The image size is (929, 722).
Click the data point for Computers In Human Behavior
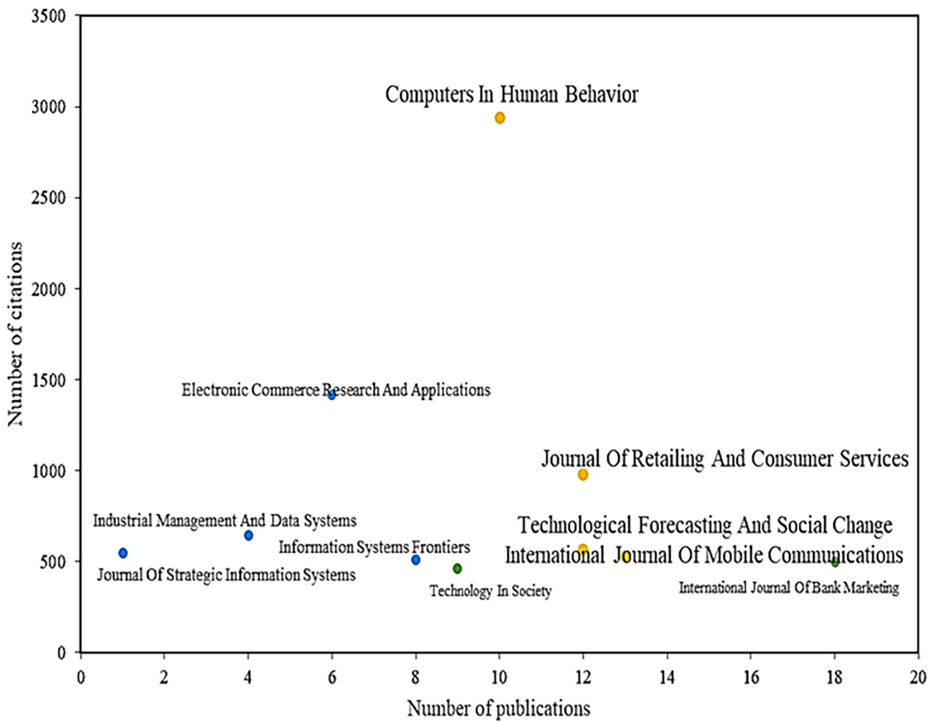click(500, 118)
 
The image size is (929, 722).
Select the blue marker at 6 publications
click(332, 395)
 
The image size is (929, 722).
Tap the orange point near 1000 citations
click(583, 474)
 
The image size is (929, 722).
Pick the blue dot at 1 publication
click(123, 553)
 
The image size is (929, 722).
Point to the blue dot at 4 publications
click(248, 535)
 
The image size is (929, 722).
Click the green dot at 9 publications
click(457, 569)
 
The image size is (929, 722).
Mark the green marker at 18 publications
click(835, 563)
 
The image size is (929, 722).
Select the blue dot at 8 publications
click(416, 560)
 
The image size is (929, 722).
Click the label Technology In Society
click(490, 591)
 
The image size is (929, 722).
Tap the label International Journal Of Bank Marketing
click(788, 588)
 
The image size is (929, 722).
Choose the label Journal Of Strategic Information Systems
click(226, 575)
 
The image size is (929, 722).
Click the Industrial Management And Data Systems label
click(225, 521)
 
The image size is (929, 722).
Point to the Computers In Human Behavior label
click(511, 94)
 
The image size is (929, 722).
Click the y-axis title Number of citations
click(15, 334)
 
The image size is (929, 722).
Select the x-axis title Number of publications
click(498, 708)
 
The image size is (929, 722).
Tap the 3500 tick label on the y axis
click(49, 16)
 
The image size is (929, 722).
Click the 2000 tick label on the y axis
click(49, 289)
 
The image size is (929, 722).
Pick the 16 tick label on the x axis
click(751, 677)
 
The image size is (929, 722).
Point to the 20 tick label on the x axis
click(918, 677)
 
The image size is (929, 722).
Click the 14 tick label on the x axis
click(667, 677)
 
